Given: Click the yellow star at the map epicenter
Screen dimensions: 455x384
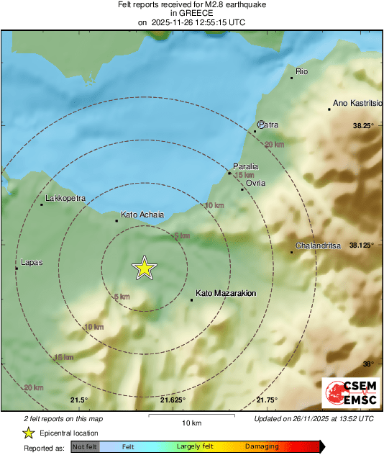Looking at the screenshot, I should coord(145,268).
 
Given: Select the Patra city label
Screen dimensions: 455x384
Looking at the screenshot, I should coord(269,125).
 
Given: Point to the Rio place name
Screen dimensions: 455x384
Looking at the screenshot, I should coord(302,71).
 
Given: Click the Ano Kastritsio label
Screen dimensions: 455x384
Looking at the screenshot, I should coord(357,103).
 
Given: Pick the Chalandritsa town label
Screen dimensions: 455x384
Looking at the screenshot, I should coord(317,245).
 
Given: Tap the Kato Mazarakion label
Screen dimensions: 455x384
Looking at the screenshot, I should coord(227,293).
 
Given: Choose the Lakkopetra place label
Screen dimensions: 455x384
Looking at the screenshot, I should coord(65,197).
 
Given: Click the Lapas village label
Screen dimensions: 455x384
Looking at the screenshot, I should coord(32,262).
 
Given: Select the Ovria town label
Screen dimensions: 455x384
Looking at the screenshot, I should coord(255,183).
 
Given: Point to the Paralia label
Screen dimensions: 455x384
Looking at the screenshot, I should coord(245,166).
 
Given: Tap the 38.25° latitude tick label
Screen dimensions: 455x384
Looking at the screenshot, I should coord(363,126).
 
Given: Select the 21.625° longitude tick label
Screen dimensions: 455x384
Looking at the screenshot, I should coord(173,400).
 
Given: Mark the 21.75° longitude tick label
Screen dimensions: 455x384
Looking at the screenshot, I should coord(267,400).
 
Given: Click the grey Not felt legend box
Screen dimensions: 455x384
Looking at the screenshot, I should coord(85,447).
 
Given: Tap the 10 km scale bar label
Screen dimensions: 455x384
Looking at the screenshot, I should coord(191,422).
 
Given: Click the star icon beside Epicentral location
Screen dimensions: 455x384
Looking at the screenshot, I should coord(28,433).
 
